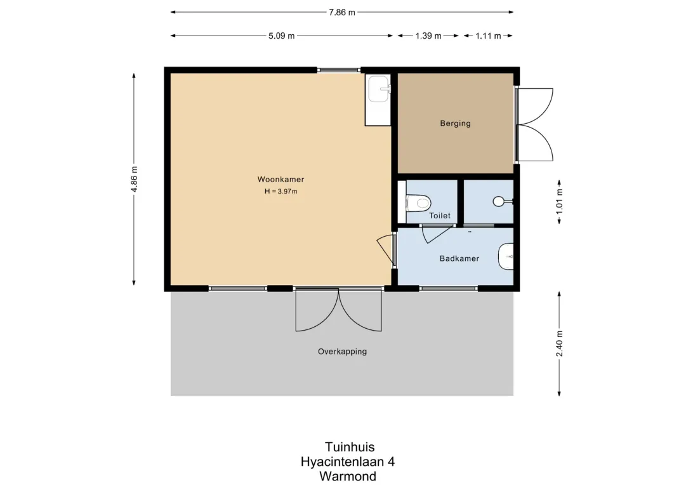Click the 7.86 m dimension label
pyautogui.click(x=341, y=12)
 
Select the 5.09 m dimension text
pyautogui.click(x=282, y=36)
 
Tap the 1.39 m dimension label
pyautogui.click(x=428, y=36)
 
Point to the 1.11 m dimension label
pyautogui.click(x=489, y=36)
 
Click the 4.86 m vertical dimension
pyautogui.click(x=135, y=180)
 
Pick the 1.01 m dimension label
pyautogui.click(x=560, y=201)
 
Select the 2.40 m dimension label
pyautogui.click(x=560, y=344)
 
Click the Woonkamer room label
pyautogui.click(x=280, y=180)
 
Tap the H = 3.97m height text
pyautogui.click(x=280, y=191)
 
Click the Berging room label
pyautogui.click(x=455, y=123)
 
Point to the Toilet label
pyautogui.click(x=440, y=216)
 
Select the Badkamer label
pyautogui.click(x=459, y=258)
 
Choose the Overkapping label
pyautogui.click(x=342, y=352)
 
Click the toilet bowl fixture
pyautogui.click(x=418, y=203)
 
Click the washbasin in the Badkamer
pyautogui.click(x=506, y=256)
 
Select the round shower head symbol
pyautogui.click(x=499, y=201)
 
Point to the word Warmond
pyautogui.click(x=348, y=476)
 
